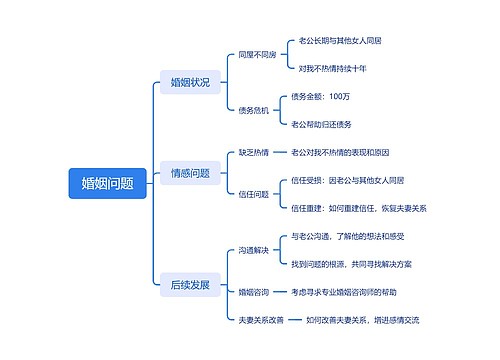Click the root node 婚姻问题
(108, 181)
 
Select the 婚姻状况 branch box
(190, 82)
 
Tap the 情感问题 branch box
(190, 173)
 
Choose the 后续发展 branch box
(190, 285)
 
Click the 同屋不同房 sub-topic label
(257, 54)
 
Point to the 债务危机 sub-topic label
(253, 110)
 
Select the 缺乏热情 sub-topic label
(253, 152)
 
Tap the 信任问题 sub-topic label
(253, 194)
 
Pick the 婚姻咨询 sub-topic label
(253, 292)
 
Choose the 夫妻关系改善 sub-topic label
(261, 320)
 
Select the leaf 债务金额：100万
(321, 96)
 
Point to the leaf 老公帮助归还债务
(322, 124)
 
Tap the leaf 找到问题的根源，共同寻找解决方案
(359, 264)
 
